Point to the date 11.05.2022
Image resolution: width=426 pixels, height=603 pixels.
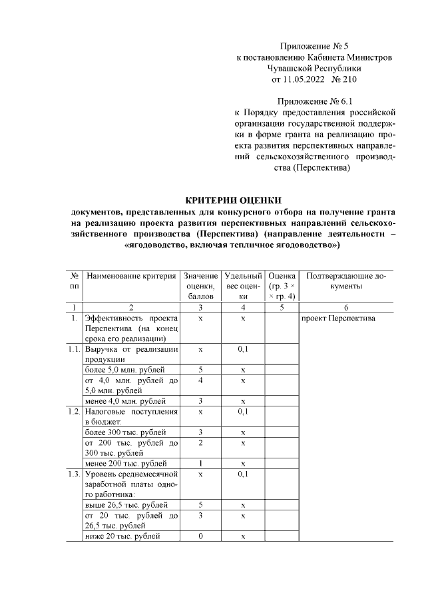pyautogui.click(x=301, y=80)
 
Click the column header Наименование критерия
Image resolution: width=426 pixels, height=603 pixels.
pyautogui.click(x=131, y=276)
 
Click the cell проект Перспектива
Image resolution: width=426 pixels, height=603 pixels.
pyautogui.click(x=339, y=318)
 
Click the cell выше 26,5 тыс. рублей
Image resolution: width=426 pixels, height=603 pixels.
pyautogui.click(x=126, y=505)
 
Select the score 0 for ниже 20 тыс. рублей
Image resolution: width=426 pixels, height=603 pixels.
pyautogui.click(x=200, y=536)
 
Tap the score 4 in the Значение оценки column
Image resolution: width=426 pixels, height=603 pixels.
pyautogui.click(x=200, y=380)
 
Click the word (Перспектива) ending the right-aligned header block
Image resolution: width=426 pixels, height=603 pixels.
pyautogui.click(x=322, y=168)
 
